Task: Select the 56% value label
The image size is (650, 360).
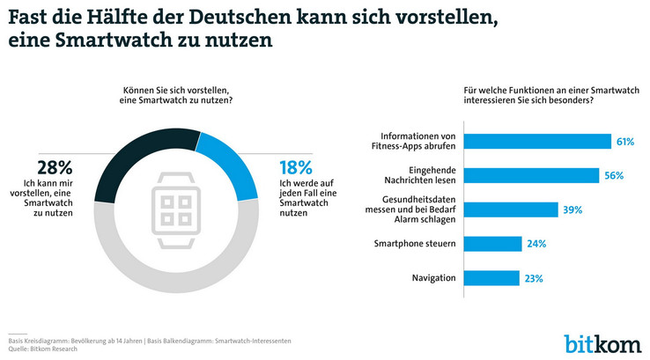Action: pyautogui.click(x=613, y=176)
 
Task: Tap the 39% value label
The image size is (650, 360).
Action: pyautogui.click(x=572, y=209)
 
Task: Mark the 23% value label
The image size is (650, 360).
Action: pyautogui.click(x=533, y=278)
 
